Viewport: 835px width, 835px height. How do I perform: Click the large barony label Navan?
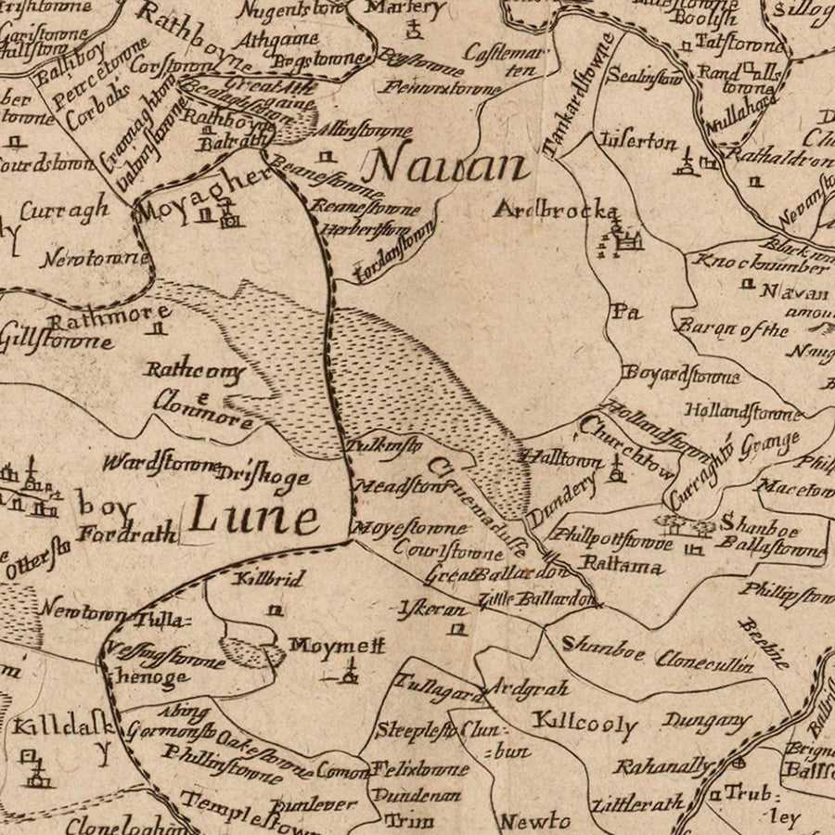[x=446, y=167]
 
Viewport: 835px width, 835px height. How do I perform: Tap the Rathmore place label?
[x=109, y=316]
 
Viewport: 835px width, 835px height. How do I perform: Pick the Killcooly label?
[x=584, y=723]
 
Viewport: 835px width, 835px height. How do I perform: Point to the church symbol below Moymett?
[x=351, y=673]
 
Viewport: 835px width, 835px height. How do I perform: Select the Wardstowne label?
[x=160, y=461]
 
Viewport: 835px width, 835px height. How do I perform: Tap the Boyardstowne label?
[x=682, y=376]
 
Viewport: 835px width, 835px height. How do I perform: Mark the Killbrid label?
[x=270, y=579]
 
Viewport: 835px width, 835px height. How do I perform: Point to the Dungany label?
[x=707, y=721]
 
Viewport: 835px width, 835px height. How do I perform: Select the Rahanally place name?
[x=663, y=767]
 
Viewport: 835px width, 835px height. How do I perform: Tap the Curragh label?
[x=64, y=212]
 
